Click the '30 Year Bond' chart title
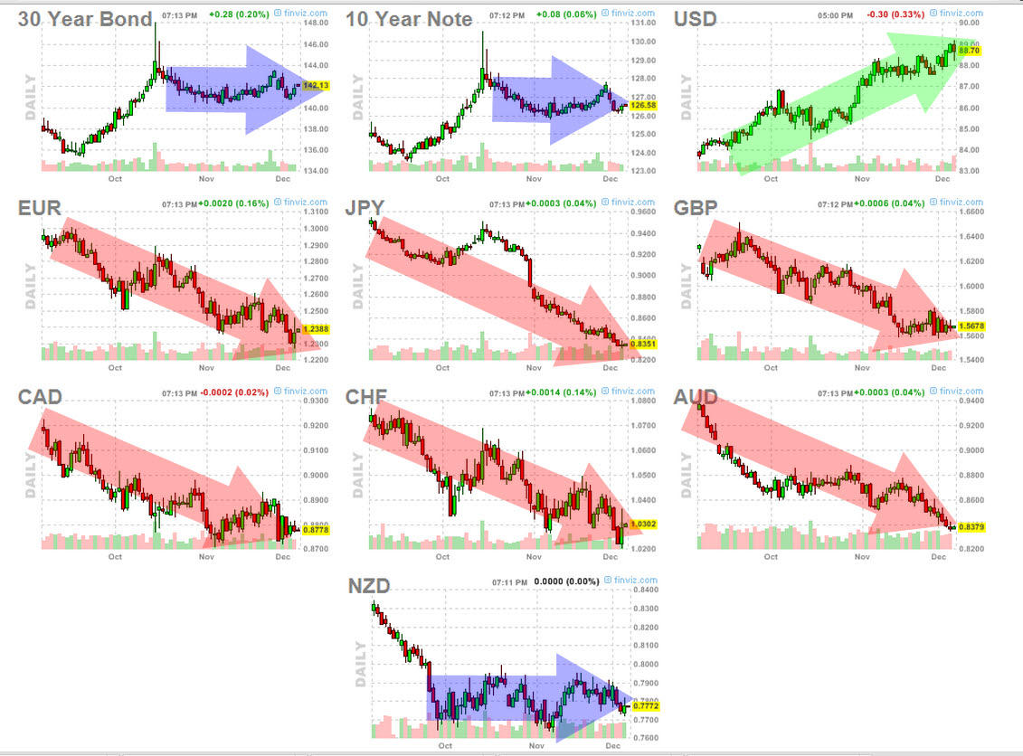(85, 18)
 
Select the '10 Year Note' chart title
(409, 18)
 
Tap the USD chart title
(695, 18)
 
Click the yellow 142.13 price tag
(316, 86)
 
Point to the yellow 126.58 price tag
(645, 106)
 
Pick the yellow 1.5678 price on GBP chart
(971, 326)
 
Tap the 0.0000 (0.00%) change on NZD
(565, 581)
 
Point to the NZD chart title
(368, 586)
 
